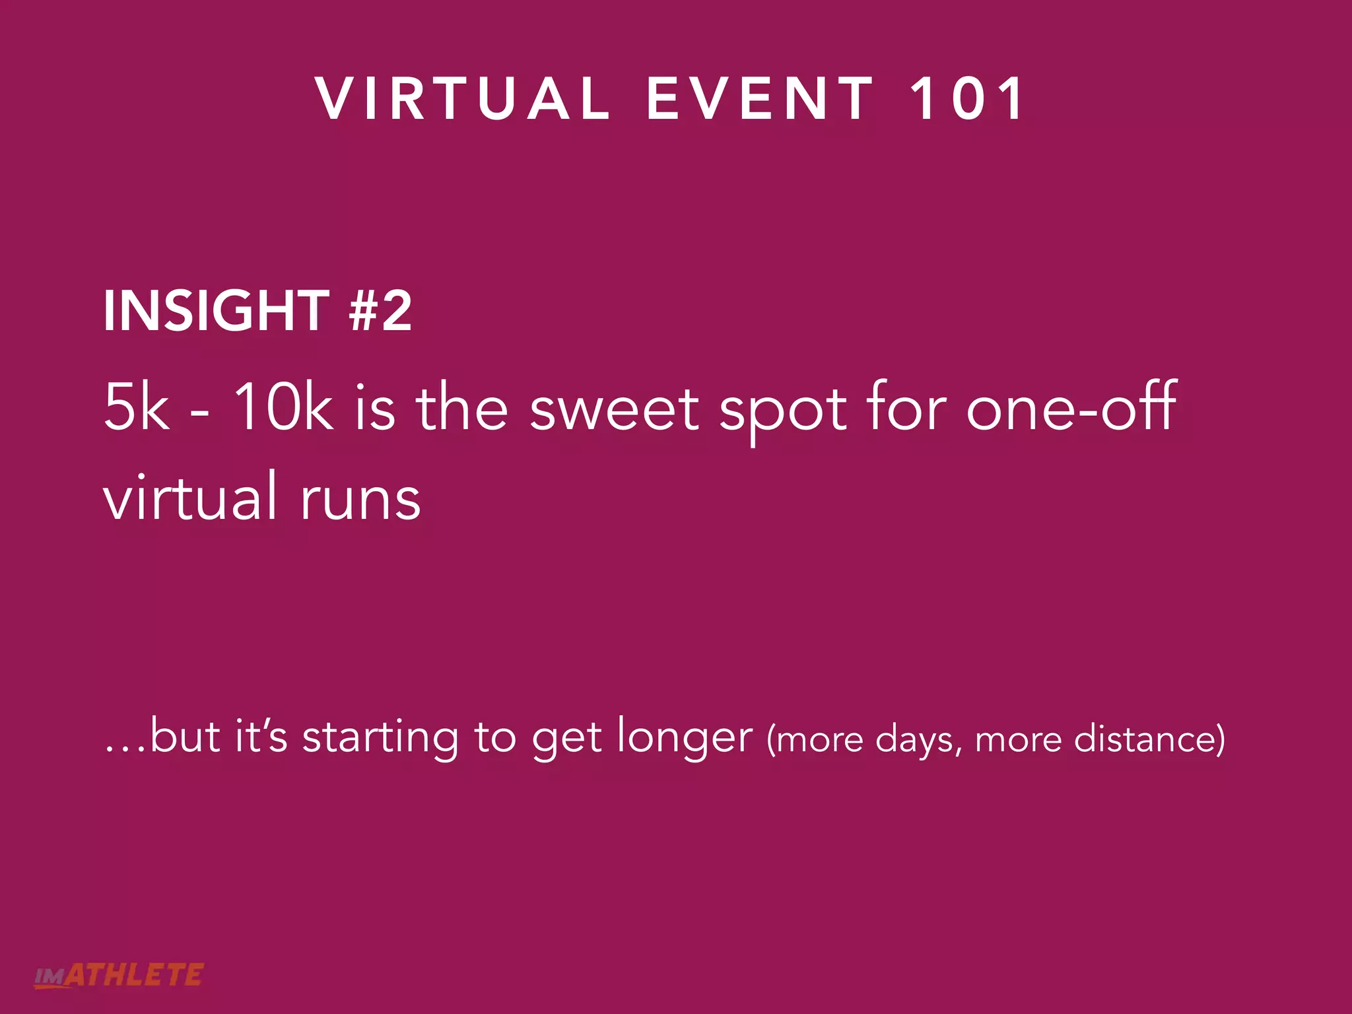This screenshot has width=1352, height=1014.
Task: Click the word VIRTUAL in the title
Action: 462,99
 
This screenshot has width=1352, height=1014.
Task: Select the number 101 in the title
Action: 967,99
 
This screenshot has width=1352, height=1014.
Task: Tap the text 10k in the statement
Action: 283,407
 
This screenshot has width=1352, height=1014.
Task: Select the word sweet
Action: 614,409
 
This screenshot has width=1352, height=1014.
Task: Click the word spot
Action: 783,413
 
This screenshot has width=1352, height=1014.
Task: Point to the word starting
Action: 380,738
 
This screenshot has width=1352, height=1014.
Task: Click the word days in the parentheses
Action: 915,741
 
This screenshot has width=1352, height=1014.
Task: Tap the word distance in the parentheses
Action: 1149,739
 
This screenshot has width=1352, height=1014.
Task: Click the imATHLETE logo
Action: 119,976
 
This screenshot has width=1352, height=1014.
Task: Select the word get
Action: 566,739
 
